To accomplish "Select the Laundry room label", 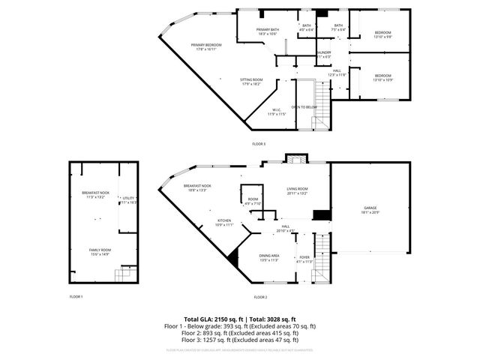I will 324,53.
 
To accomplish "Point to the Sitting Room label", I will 251,81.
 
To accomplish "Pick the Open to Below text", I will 304,107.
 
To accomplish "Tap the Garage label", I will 370,208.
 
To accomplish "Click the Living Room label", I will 297,190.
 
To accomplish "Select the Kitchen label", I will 224,222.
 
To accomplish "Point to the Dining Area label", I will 268,258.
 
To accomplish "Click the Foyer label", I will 304,258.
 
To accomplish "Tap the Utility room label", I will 128,200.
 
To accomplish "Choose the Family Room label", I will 100,252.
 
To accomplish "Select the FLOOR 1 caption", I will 76,297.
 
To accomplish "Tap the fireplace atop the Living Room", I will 295,159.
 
